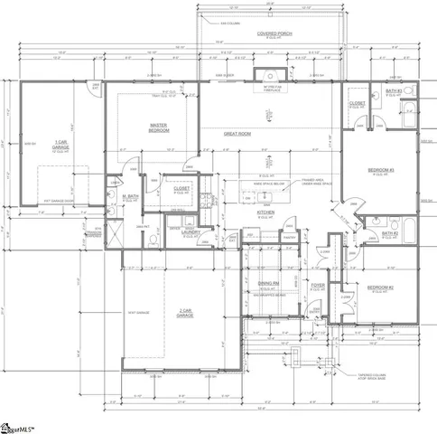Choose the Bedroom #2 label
(379, 288)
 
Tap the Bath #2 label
(390, 233)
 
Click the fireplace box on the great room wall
(268, 77)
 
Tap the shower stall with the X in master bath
(114, 237)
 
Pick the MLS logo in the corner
(20, 423)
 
